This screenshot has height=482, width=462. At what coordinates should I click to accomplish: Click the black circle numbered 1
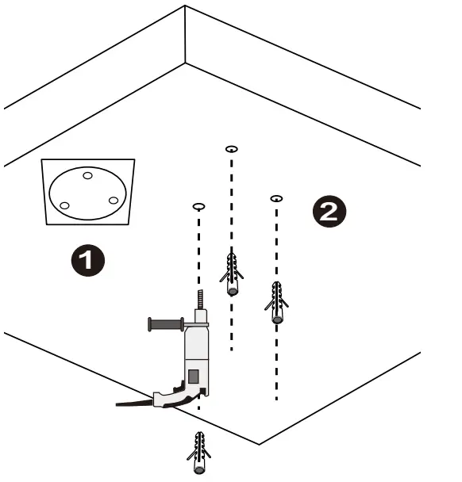pos(88,260)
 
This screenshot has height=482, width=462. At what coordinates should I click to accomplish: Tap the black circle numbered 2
pos(329,211)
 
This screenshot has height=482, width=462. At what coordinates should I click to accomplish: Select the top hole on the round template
pos(88,176)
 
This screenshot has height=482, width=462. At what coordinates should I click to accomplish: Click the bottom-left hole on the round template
pos(64,205)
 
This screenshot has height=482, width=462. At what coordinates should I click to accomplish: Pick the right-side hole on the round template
pos(114,201)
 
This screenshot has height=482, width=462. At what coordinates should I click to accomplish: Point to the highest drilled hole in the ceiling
pos(232,149)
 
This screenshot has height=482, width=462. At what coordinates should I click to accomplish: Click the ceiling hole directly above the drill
pos(198,206)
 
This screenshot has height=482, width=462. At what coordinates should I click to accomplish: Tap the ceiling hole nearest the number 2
pos(276,198)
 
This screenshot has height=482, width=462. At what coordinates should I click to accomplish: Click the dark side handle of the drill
pos(166,324)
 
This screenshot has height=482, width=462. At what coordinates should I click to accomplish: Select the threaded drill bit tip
pos(201,299)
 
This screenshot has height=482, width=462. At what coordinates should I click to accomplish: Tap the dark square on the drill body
pos(194,377)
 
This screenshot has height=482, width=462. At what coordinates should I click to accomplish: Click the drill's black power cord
pos(134,403)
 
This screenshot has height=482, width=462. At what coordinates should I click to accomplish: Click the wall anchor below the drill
pos(199,453)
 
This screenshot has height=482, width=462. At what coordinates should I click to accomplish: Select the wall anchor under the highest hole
pos(232,274)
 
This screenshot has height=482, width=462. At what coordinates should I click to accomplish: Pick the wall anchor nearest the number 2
pos(276,302)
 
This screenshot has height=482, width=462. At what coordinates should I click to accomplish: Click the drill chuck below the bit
pos(201,316)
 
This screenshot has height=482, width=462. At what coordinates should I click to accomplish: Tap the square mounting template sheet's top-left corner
pos(41,159)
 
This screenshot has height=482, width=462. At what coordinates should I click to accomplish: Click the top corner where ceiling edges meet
pos(185,6)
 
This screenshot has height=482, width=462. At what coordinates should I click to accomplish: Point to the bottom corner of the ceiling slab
pos(259,444)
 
